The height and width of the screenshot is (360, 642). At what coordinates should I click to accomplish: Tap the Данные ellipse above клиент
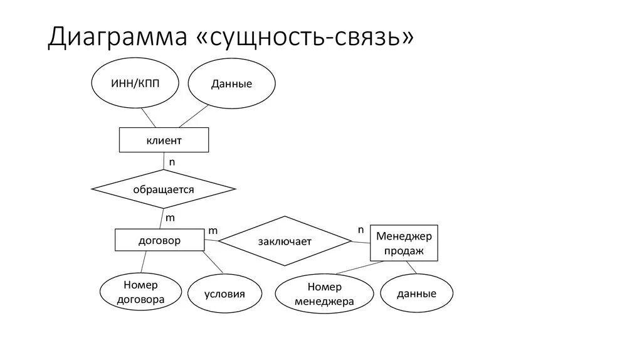[231, 84]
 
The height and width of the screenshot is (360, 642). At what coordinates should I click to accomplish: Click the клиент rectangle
[164, 140]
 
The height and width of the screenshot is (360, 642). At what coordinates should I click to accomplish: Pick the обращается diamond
[164, 189]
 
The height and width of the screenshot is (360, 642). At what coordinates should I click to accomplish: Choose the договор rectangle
[159, 240]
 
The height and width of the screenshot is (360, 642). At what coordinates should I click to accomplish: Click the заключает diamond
[285, 241]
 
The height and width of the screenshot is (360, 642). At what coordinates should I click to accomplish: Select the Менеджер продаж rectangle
[404, 243]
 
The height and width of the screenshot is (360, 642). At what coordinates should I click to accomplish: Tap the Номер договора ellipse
[140, 292]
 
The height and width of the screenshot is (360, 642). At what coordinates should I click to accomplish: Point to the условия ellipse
[224, 294]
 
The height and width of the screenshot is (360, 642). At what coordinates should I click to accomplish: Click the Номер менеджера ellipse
[324, 294]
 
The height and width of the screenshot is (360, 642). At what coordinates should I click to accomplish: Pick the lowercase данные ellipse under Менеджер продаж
[416, 293]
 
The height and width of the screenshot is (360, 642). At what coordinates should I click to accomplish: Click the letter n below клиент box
[172, 162]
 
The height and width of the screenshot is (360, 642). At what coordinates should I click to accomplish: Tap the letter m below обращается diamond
[170, 218]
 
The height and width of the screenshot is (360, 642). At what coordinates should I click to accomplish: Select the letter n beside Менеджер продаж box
[360, 230]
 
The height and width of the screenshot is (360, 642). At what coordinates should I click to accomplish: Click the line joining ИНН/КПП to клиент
[148, 117]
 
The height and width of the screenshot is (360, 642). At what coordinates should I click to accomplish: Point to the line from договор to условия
[213, 262]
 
